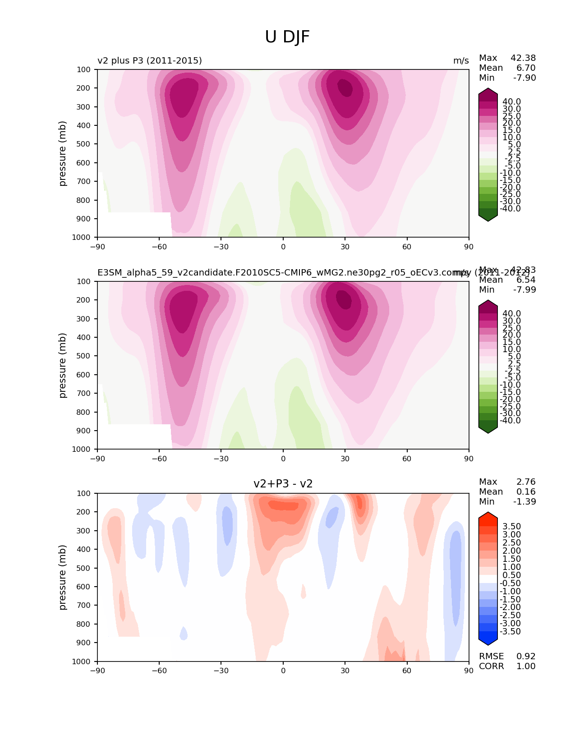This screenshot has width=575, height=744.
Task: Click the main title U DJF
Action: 287,37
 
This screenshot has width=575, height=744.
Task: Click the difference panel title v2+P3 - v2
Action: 283,484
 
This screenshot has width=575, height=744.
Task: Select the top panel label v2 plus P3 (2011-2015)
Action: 150,60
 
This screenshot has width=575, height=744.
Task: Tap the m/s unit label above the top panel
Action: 461,61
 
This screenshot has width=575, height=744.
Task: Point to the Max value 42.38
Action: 523,58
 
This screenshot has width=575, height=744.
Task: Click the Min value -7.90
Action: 524,78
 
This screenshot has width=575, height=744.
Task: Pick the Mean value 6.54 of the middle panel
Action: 526,280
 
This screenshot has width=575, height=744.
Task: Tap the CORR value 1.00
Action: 526,666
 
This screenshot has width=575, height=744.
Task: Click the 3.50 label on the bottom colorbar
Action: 511,526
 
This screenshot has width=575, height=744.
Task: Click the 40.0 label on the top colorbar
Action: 511,101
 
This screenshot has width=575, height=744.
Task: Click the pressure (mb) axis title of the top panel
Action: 63,153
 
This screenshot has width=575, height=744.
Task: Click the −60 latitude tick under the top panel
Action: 159,247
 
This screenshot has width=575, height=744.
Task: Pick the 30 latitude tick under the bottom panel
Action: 345,671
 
